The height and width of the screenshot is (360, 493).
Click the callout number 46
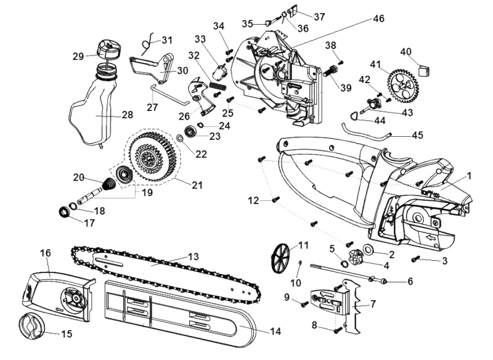pyautogui.click(x=378, y=18)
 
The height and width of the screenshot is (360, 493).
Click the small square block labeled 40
pyautogui.click(x=424, y=70)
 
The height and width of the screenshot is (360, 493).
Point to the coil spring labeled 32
pyautogui.click(x=218, y=85)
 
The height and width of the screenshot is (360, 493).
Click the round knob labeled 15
pyautogui.click(x=30, y=327)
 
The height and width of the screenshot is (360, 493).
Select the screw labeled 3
pyautogui.click(x=415, y=259)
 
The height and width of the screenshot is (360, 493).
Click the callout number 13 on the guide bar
pyautogui.click(x=194, y=257)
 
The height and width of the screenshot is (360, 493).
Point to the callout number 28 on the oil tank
pyautogui.click(x=128, y=115)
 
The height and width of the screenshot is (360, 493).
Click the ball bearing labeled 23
pyautogui.click(x=190, y=131)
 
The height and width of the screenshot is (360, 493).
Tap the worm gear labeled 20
pyautogui.click(x=109, y=184)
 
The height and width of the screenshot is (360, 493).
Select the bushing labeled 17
pyautogui.click(x=65, y=211)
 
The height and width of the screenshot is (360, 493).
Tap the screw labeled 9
pyautogui.click(x=304, y=304)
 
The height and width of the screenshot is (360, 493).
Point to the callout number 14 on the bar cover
pyautogui.click(x=275, y=332)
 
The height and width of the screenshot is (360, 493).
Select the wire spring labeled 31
pyautogui.click(x=147, y=44)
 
